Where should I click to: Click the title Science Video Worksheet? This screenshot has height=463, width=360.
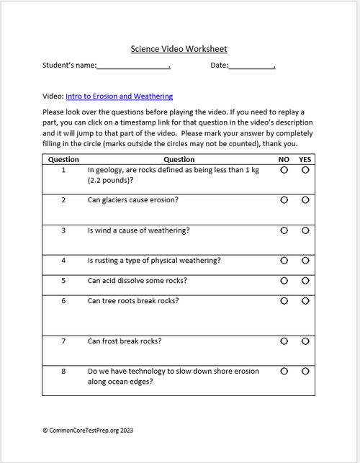click(179, 49)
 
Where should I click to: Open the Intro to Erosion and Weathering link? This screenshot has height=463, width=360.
click(119, 96)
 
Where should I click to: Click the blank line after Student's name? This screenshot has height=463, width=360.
click(132, 66)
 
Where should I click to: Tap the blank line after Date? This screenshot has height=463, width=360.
click(252, 66)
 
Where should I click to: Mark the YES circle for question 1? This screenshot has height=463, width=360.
click(305, 171)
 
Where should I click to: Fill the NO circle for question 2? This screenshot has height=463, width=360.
click(284, 199)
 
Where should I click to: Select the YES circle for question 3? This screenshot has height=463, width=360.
click(305, 230)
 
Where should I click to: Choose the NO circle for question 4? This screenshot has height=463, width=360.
click(284, 260)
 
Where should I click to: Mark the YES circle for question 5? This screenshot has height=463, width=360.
click(305, 280)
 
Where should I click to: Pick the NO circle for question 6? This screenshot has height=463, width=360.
click(284, 300)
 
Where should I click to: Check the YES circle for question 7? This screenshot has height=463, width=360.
click(305, 341)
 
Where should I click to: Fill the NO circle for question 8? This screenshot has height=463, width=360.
click(284, 371)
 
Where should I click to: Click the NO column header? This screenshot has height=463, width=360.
click(284, 160)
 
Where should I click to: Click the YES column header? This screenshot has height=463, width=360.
click(305, 160)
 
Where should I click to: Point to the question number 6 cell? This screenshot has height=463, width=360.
click(63, 301)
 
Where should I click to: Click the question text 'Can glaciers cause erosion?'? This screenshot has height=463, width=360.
click(133, 199)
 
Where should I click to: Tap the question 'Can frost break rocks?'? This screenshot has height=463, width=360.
click(125, 341)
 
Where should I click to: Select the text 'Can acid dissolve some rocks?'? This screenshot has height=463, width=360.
click(137, 280)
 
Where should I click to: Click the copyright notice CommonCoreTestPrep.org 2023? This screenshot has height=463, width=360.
click(88, 430)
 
